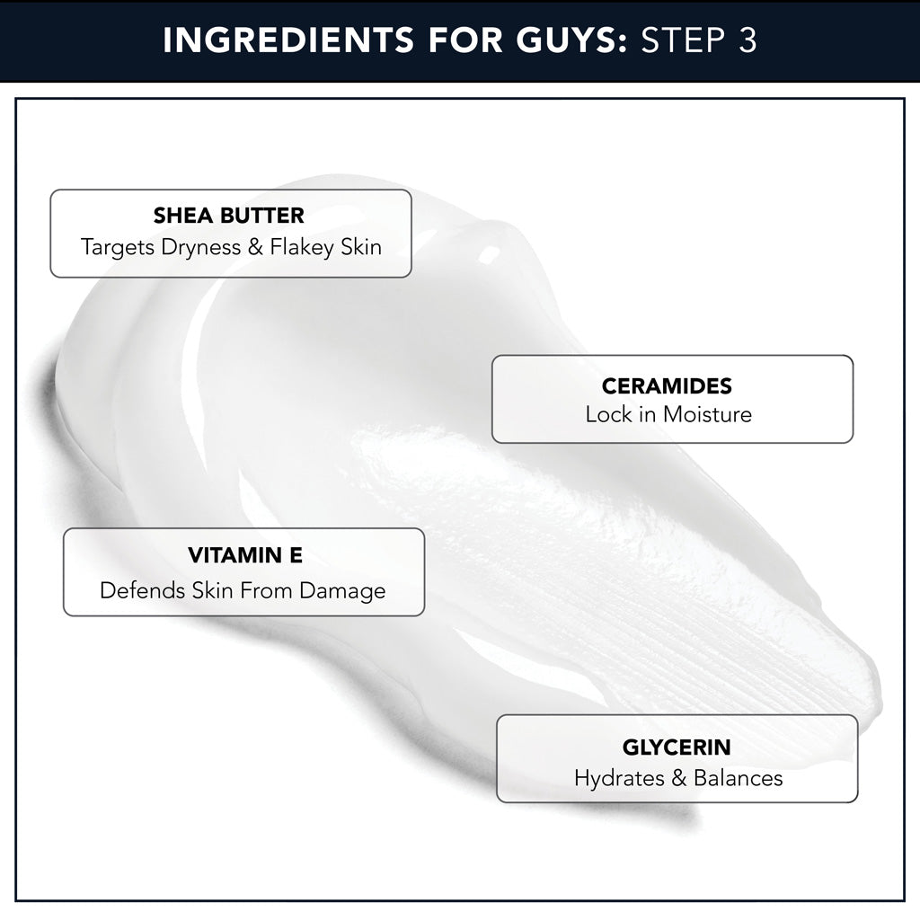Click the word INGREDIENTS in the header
(x=288, y=40)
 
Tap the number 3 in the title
(x=747, y=40)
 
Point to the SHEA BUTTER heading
(x=229, y=216)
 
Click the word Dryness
(x=200, y=247)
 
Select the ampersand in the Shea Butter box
(x=255, y=247)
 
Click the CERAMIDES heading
(x=667, y=385)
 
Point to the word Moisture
(x=707, y=414)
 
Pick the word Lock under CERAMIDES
(x=608, y=414)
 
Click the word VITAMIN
(x=234, y=555)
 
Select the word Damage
(x=342, y=591)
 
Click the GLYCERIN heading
(x=677, y=747)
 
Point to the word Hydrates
(x=619, y=779)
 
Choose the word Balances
(x=739, y=778)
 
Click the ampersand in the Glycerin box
(x=679, y=778)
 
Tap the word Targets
(x=118, y=248)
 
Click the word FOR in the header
(x=465, y=40)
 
